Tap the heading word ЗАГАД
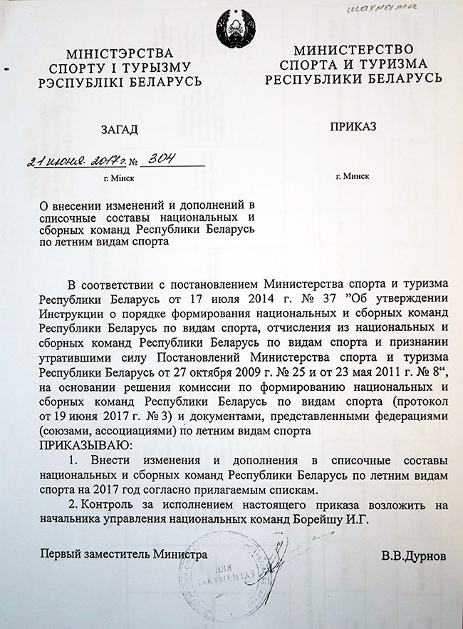[119, 130]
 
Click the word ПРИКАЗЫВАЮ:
[84, 445]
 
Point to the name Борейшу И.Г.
[336, 518]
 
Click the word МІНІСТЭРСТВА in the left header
[119, 53]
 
